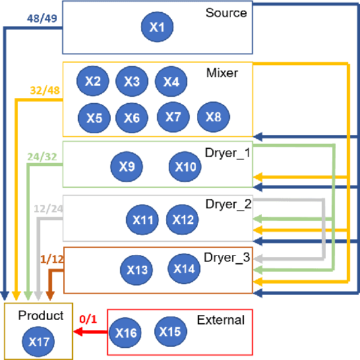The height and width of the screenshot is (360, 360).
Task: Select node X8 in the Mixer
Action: point(213,117)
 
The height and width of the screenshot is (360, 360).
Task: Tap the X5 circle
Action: point(94,118)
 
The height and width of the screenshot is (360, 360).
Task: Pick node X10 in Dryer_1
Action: point(185,167)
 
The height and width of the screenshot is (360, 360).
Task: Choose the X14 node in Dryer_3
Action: point(184,268)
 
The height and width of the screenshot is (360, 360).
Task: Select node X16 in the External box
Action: point(125,333)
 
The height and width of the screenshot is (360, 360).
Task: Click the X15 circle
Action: point(170,332)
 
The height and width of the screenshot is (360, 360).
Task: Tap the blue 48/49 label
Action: point(41,19)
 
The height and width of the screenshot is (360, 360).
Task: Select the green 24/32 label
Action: point(42,158)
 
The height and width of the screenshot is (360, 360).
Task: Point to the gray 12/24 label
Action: point(47,209)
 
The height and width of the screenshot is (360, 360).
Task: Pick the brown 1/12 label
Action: point(51,260)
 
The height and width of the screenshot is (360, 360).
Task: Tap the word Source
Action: point(226,13)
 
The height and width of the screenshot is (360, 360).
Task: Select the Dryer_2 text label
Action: point(227,204)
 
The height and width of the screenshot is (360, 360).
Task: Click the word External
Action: point(220,320)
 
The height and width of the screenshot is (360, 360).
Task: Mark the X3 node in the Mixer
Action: point(132,82)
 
